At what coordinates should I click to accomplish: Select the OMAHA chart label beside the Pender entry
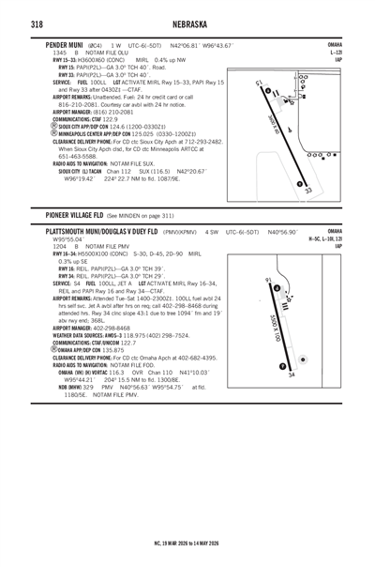click(334, 44)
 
